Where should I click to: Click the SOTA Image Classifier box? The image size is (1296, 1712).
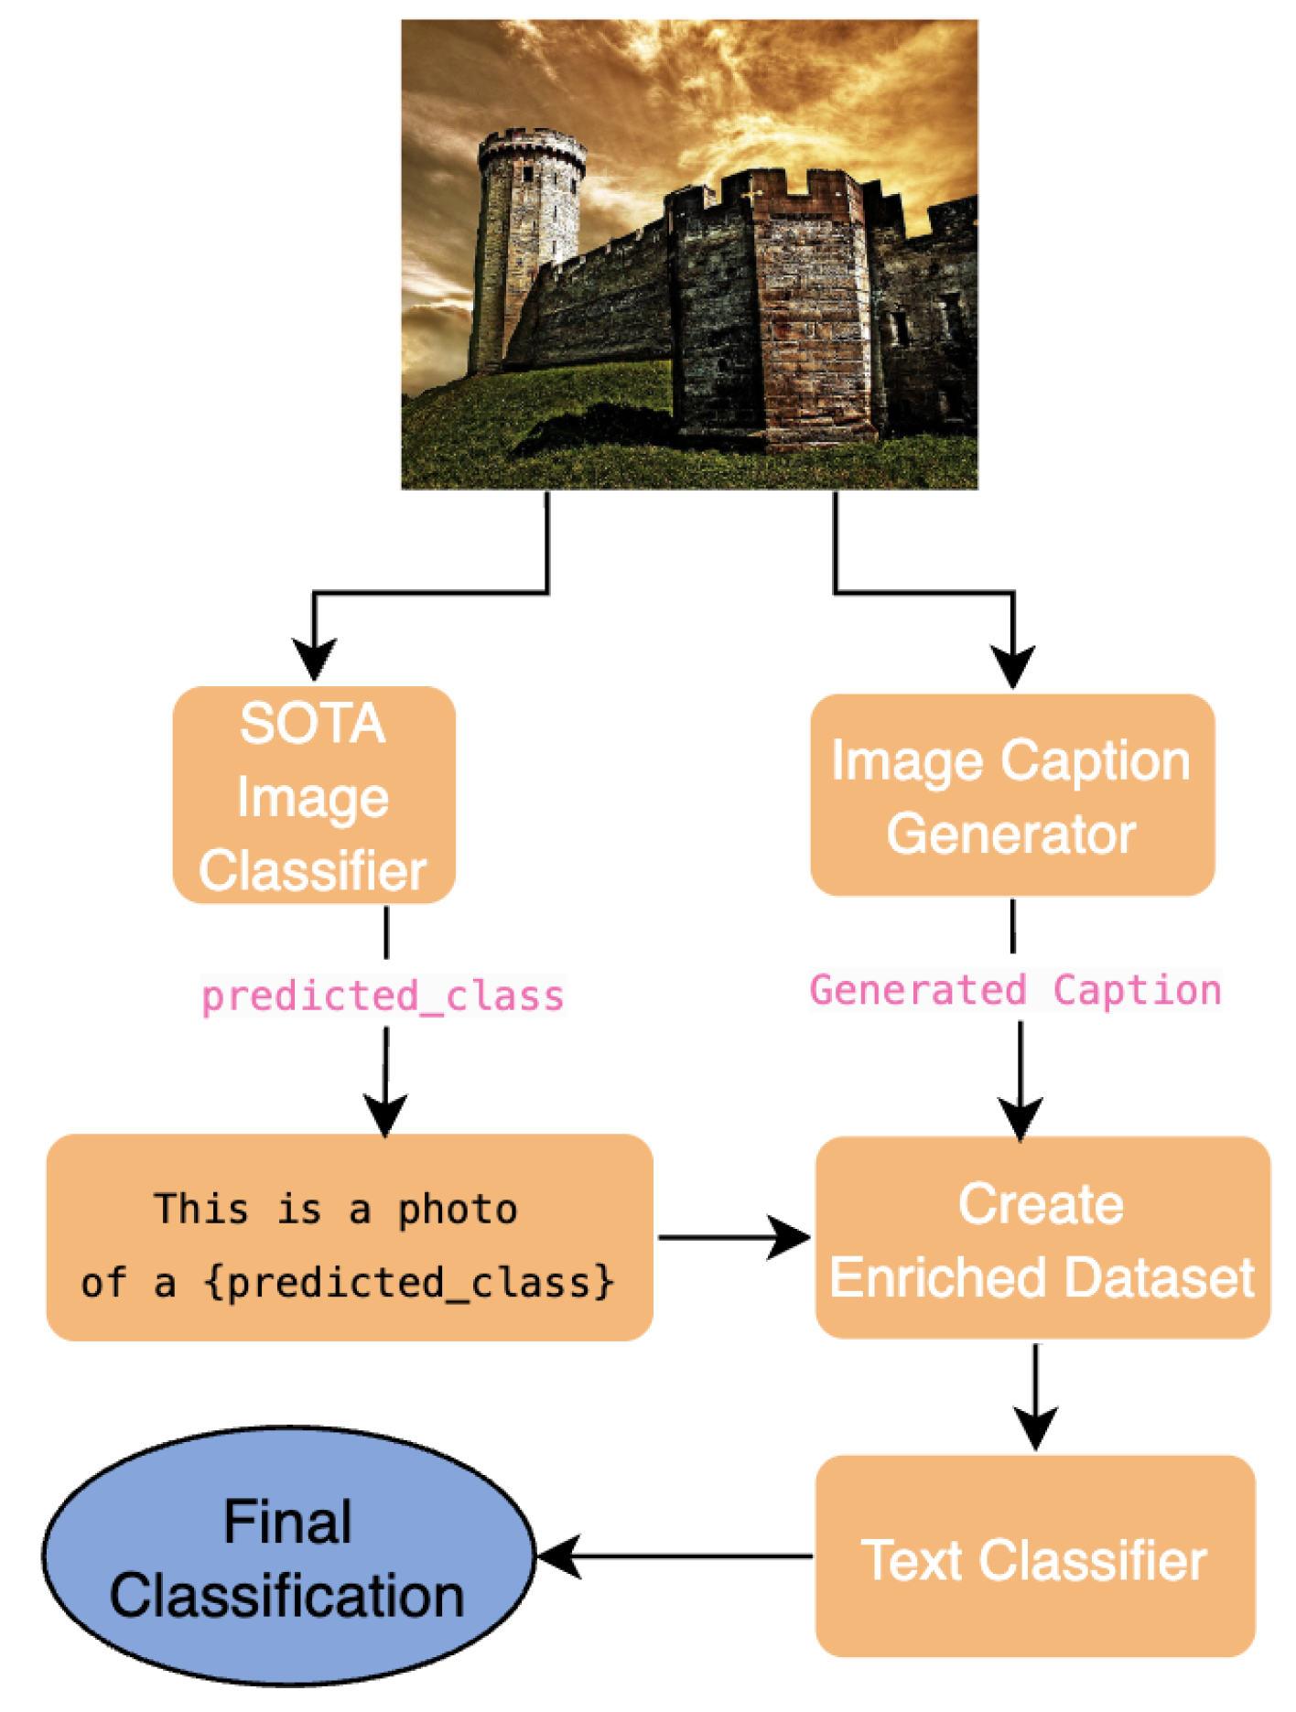pos(314,795)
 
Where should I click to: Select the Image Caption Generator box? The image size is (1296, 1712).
pos(1012,795)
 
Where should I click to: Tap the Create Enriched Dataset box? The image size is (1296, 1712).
pos(1042,1238)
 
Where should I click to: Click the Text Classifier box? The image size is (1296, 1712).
pos(1035,1556)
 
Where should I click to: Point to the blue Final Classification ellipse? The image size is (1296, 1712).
pos(288,1556)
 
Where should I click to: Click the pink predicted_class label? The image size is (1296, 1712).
pos(383,996)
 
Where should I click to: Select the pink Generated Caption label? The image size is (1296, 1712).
pos(1016,990)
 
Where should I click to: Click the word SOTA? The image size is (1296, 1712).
pos(313,724)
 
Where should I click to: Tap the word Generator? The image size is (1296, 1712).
pos(1011,834)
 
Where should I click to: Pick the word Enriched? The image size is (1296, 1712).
pos(933,1277)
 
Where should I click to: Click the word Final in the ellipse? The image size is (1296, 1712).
pos(288,1522)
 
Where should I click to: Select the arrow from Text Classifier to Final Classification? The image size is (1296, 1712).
pos(675,1556)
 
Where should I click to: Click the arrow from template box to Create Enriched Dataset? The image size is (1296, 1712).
pos(734,1238)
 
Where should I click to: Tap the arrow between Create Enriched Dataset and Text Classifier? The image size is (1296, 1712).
pos(1036,1396)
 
